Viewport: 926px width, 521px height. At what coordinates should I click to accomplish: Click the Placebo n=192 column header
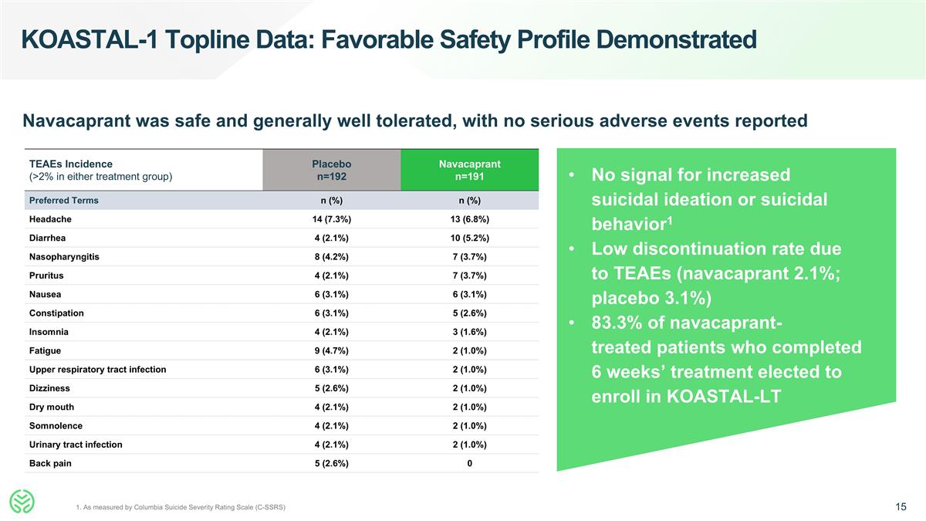pos(331,170)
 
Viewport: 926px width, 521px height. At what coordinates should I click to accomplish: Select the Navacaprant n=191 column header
pos(469,170)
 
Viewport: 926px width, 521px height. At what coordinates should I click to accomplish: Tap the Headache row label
pos(51,219)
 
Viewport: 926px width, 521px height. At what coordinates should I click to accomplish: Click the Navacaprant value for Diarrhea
pos(469,238)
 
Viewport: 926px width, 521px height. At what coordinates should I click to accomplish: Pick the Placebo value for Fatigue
pos(331,350)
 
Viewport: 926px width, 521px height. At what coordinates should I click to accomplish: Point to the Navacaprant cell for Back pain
pos(469,463)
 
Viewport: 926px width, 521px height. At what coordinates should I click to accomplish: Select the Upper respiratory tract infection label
pos(97,370)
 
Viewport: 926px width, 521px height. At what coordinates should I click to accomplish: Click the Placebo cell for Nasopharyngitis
pos(331,257)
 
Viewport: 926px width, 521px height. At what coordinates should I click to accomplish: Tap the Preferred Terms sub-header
pos(63,201)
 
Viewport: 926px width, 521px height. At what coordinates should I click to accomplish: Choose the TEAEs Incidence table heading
pos(70,164)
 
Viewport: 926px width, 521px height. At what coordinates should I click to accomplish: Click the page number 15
pos(901,506)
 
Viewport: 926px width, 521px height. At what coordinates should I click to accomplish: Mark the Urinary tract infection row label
pos(76,445)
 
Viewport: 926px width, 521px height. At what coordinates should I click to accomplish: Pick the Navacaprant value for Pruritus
pos(469,276)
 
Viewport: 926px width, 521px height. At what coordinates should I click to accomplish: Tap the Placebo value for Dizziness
pos(331,388)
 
